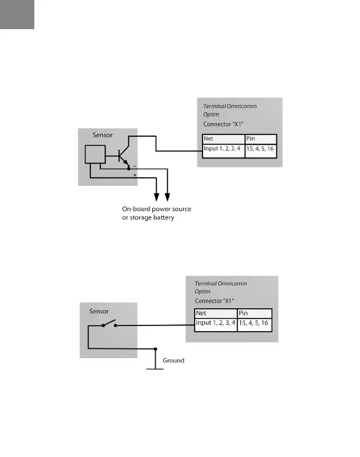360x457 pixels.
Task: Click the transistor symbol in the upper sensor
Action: point(122,155)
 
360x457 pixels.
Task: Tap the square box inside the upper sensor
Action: point(95,154)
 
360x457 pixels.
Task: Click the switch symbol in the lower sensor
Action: point(109,325)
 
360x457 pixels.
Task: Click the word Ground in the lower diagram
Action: point(173,361)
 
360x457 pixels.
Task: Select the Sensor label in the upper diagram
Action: point(102,136)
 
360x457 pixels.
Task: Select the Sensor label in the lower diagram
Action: point(99,312)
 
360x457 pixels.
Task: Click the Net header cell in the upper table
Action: point(223,139)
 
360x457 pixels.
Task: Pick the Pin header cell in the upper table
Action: point(260,139)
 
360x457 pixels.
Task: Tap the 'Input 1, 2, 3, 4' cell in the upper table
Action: point(223,150)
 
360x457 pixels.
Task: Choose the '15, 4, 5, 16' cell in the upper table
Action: point(260,150)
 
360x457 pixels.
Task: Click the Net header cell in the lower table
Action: point(216,313)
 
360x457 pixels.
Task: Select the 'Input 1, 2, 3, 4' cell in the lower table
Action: point(216,324)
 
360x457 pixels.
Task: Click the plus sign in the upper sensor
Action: point(134,176)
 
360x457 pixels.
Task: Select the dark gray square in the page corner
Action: point(17,14)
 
